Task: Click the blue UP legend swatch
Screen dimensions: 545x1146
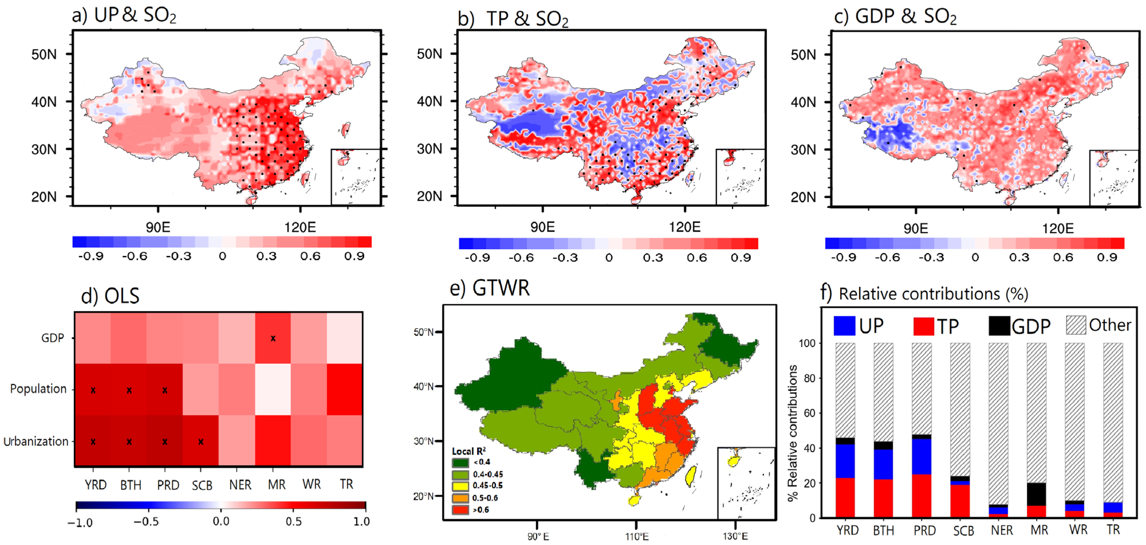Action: click(844, 326)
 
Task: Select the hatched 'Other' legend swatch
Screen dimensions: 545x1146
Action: click(1076, 325)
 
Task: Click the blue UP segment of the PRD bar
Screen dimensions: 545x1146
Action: click(921, 456)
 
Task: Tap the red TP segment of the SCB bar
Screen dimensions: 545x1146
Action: click(960, 501)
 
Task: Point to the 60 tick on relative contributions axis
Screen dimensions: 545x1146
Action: click(810, 413)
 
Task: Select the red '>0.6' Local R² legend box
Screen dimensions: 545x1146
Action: click(460, 510)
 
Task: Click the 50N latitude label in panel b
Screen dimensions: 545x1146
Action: click(429, 54)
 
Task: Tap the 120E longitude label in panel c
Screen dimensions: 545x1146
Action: click(1058, 229)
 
